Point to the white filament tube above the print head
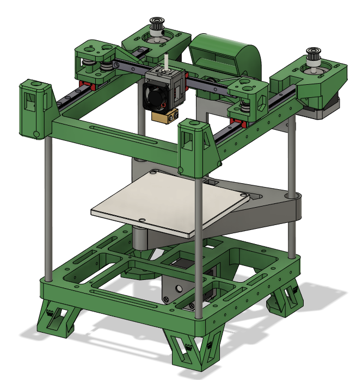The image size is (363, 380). (164, 60)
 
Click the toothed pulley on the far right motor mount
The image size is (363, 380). (314, 57)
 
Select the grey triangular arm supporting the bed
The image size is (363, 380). (272, 209)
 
